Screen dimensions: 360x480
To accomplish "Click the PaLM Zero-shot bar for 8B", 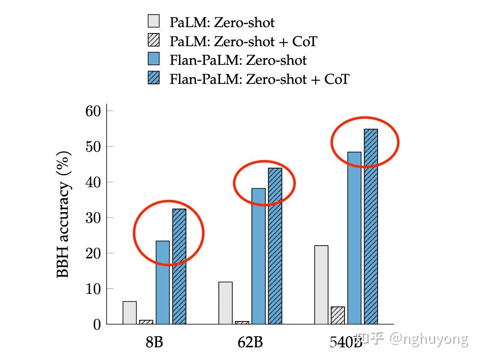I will pos(130,313).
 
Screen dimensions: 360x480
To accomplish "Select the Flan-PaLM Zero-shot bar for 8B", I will pos(163,282).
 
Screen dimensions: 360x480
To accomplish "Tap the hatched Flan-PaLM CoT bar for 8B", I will pos(179,266).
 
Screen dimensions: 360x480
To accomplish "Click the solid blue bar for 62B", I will pos(259,256).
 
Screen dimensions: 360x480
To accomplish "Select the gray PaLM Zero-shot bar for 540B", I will pos(321,285).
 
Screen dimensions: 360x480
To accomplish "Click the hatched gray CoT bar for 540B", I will pos(338,315).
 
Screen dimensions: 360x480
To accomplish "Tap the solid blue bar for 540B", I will pos(354,238).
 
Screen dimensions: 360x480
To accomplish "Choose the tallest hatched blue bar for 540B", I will pos(371,227).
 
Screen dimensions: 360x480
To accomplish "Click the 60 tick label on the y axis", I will pos(93,111).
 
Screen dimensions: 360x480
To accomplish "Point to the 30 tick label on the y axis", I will pos(93,218).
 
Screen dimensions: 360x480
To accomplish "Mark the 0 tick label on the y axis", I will pos(97,324).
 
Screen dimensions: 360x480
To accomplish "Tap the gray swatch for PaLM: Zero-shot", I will pos(154,21).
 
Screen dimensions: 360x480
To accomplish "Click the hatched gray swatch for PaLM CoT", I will pos(154,40).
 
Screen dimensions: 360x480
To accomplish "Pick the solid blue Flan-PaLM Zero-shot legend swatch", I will pos(154,59).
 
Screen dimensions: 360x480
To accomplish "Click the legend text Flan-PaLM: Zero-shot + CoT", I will pos(259,79).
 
